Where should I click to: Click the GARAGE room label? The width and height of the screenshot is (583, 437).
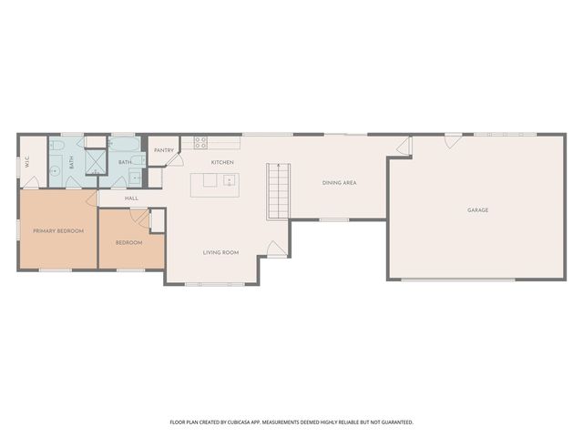(x=477, y=210)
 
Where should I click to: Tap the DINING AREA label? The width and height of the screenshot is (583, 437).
(x=339, y=183)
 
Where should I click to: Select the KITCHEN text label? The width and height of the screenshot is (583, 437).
(x=222, y=162)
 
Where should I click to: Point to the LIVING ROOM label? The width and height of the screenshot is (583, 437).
(x=220, y=253)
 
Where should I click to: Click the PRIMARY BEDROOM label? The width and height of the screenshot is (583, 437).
(x=58, y=231)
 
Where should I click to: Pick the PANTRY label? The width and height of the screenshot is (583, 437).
(x=164, y=150)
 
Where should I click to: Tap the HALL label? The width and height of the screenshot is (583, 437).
(x=131, y=198)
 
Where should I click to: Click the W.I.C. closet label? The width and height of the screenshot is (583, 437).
(x=27, y=162)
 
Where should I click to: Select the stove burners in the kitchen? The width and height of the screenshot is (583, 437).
(x=200, y=143)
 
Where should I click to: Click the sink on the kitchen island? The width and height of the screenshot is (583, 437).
(x=229, y=180)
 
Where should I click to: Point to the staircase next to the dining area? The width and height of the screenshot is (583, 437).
(x=278, y=191)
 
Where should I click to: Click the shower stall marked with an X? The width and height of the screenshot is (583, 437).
(x=91, y=162)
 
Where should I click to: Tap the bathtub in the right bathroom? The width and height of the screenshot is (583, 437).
(x=124, y=144)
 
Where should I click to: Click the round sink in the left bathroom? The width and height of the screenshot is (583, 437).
(x=56, y=170)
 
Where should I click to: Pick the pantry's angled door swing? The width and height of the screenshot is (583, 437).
(x=175, y=159)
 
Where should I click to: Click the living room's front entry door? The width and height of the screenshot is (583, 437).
(x=277, y=249)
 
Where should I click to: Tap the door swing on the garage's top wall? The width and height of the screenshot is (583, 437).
(x=454, y=142)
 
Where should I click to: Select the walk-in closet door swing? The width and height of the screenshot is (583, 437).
(x=31, y=182)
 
